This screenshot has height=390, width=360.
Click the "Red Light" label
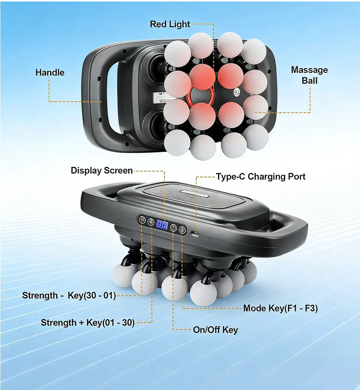click(170, 24)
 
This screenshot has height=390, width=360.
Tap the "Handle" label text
click(50, 72)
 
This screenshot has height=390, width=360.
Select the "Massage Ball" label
click(309, 75)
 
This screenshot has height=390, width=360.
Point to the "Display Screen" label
click(102, 171)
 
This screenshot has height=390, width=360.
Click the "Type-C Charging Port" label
click(261, 176)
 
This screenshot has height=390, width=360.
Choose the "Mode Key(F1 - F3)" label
click(280, 308)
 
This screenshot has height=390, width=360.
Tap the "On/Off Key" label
click(215, 330)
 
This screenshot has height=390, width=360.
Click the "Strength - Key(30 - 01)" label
click(69, 295)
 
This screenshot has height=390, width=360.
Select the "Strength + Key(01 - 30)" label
click(87, 322)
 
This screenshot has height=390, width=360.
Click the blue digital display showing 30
click(162, 225)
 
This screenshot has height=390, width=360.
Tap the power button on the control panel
click(173, 227)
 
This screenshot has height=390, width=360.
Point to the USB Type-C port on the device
click(196, 233)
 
